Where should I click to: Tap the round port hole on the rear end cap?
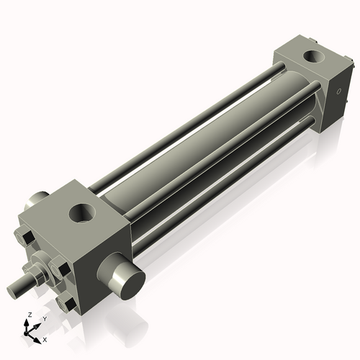313,55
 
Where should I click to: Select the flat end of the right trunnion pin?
127,280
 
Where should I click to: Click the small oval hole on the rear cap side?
338,92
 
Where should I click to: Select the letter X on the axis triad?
45,338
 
